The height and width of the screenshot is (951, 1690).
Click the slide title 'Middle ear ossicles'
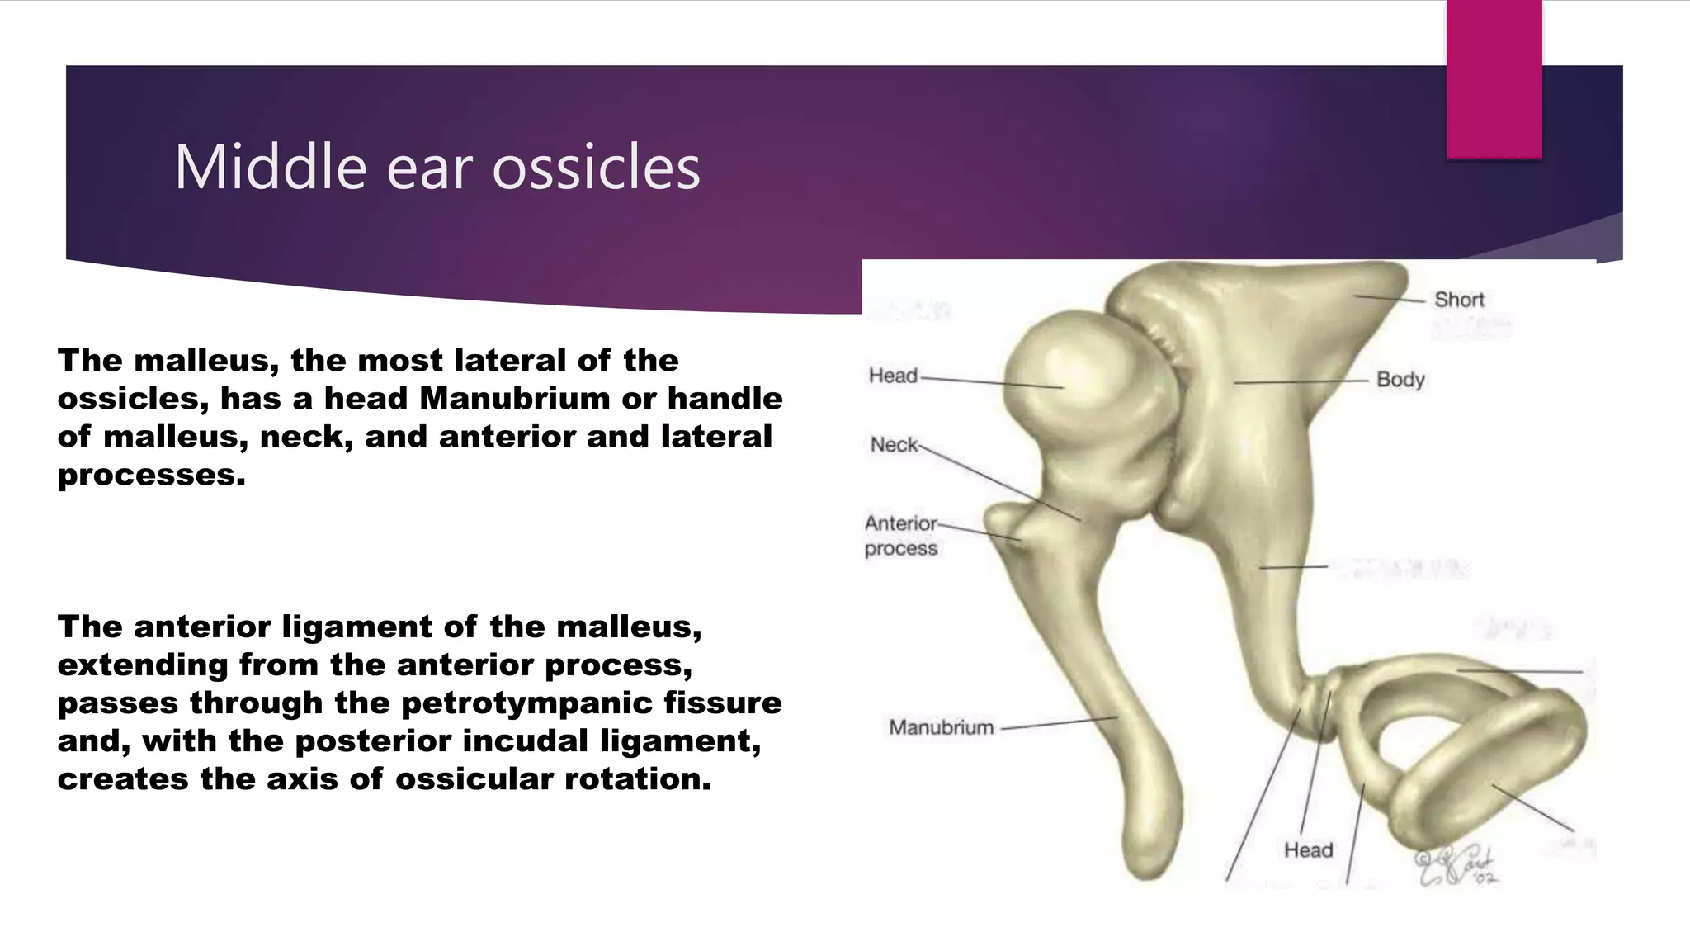(x=437, y=167)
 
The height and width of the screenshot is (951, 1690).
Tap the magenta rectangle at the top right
(x=1494, y=78)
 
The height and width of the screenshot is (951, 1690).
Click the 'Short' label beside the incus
(x=1459, y=300)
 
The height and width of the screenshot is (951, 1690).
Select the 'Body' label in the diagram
(x=1400, y=380)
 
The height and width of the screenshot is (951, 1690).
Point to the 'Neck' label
(x=894, y=445)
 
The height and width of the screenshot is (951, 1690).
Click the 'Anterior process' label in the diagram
(x=900, y=536)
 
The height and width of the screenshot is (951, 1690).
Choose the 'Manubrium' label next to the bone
(x=941, y=727)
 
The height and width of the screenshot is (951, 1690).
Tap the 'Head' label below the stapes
(x=1308, y=850)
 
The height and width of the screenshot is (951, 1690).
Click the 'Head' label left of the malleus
(x=893, y=376)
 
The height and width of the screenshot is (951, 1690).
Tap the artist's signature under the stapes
(x=1456, y=867)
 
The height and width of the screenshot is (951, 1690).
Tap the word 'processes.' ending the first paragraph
(x=152, y=475)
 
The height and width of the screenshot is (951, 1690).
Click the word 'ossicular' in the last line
(x=474, y=779)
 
